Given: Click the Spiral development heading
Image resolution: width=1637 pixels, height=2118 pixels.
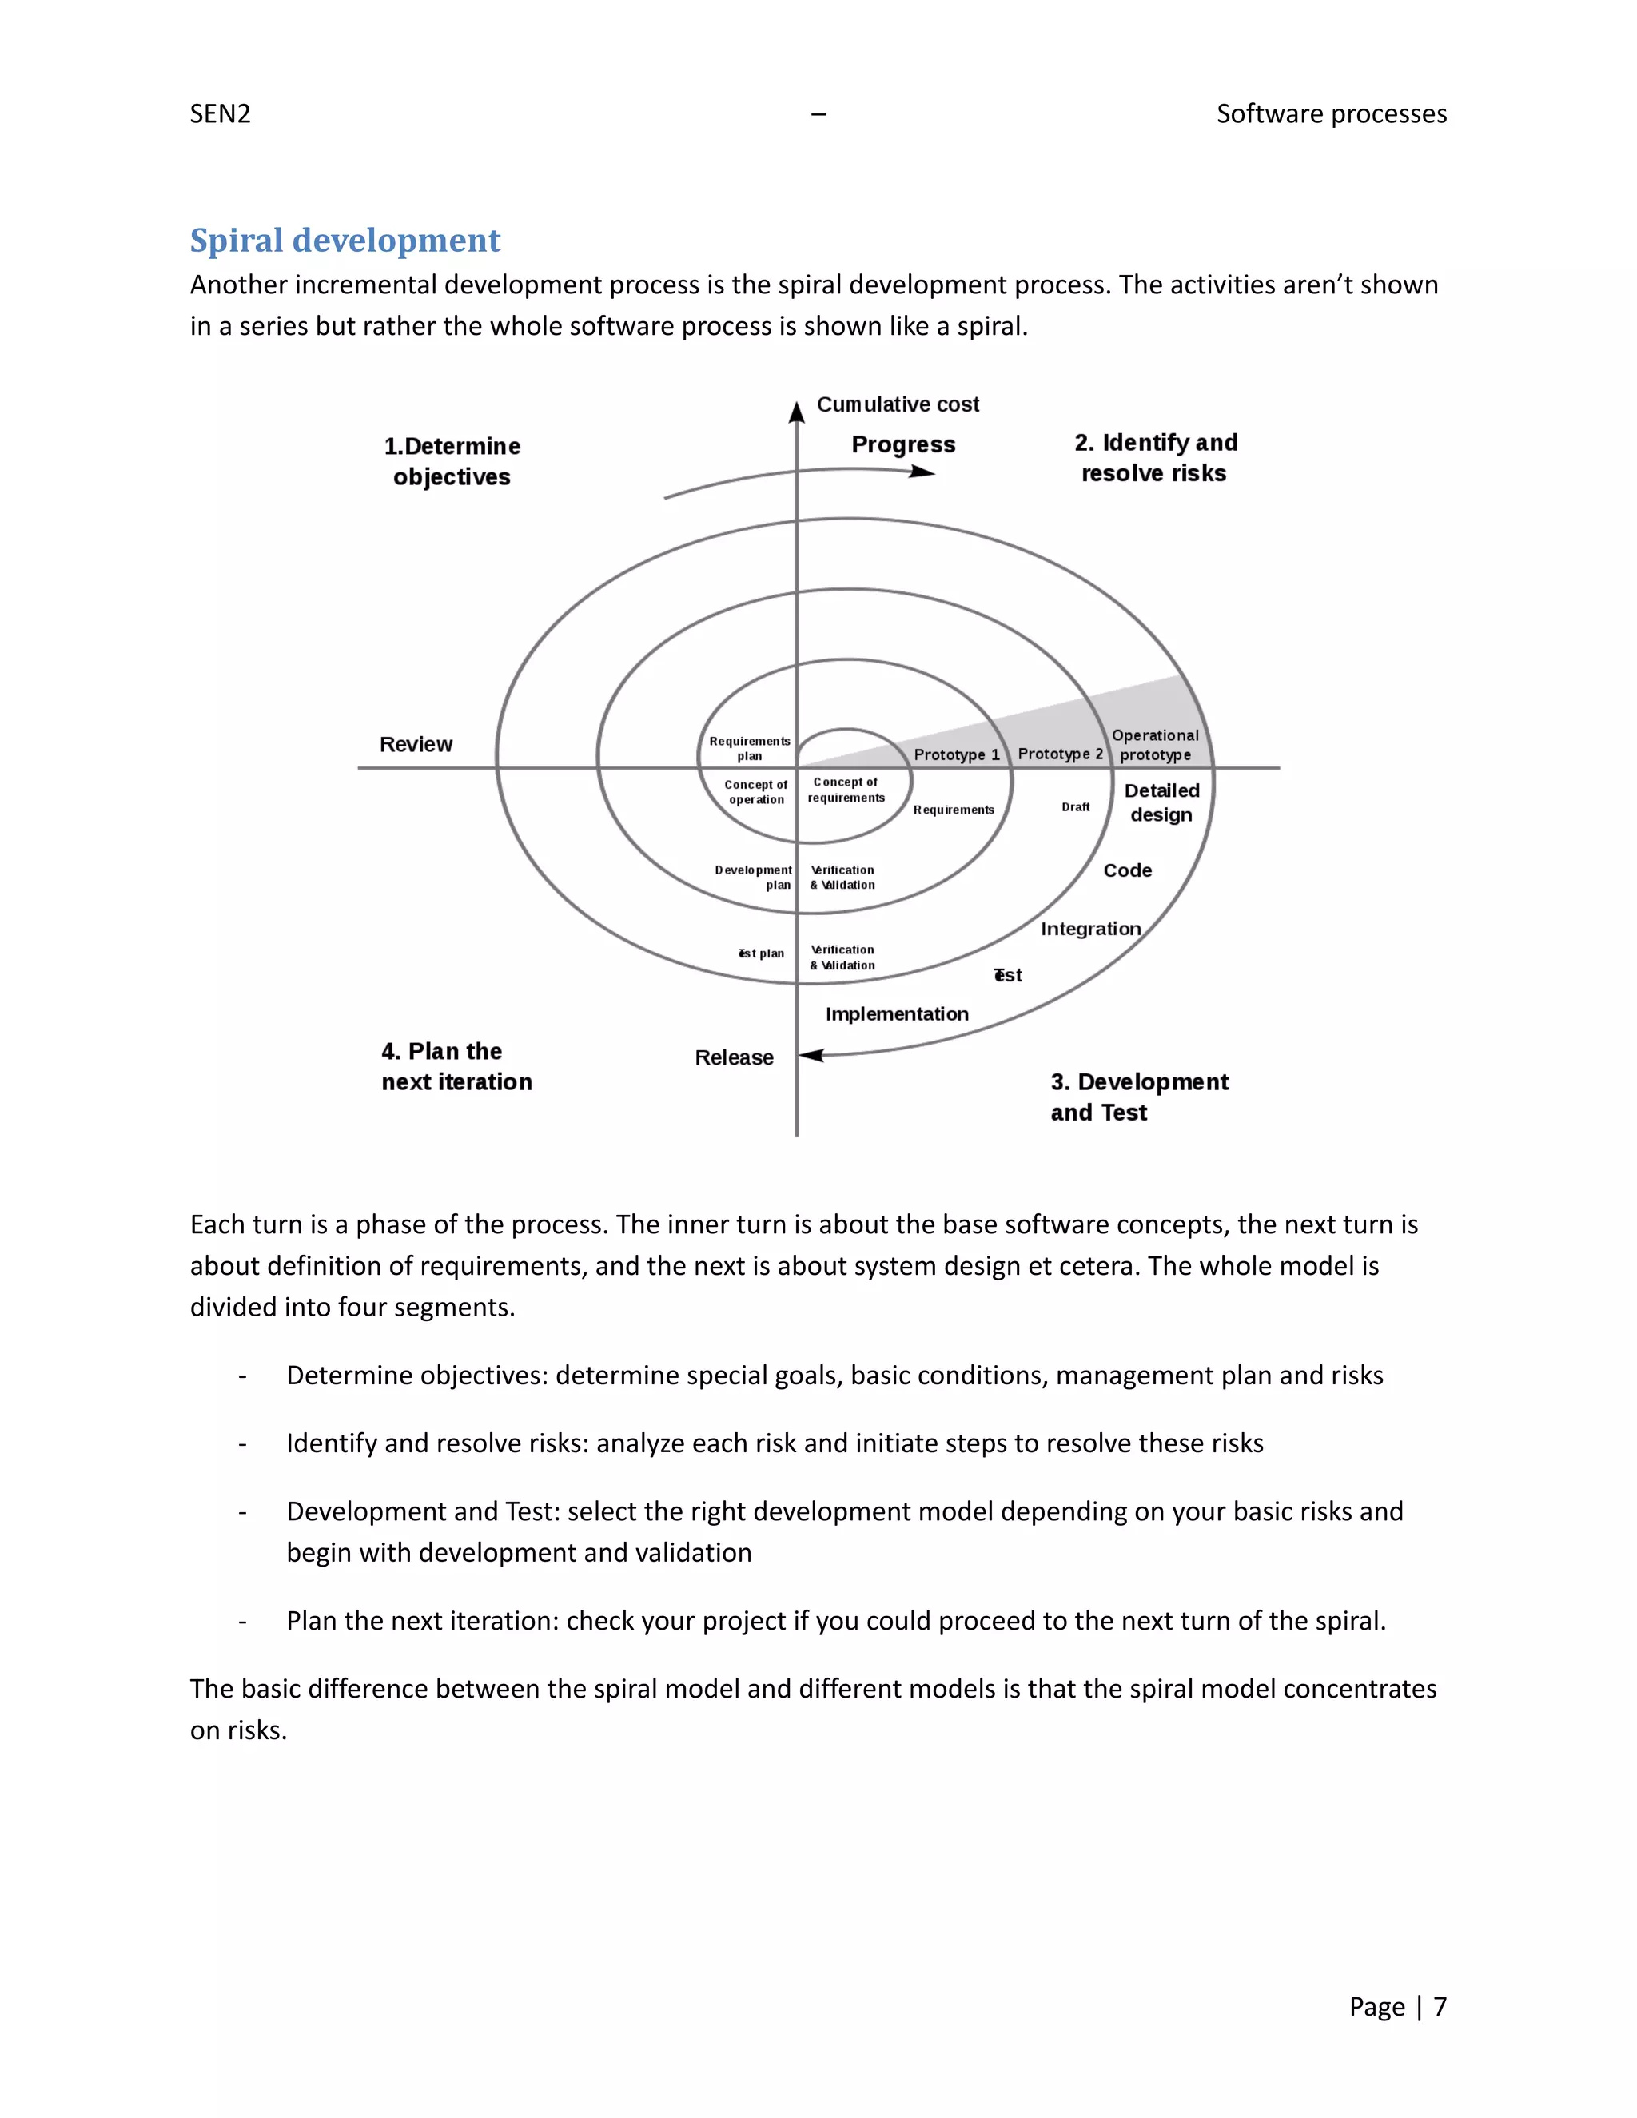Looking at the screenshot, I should coord(345,241).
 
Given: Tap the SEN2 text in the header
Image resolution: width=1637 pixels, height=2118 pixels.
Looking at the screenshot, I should coord(220,114).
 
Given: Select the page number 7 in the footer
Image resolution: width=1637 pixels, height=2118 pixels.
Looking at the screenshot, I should coord(1440,2006).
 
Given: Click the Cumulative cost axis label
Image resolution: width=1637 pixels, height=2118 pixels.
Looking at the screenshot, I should coord(897,404).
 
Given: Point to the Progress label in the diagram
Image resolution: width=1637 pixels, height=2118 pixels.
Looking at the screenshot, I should coord(903,444).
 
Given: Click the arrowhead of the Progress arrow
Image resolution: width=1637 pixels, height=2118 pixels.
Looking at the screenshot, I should coord(922,472).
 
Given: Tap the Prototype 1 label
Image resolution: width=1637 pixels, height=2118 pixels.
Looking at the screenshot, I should coord(956,754).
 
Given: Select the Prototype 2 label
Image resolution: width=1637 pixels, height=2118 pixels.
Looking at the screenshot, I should coord(1060,754).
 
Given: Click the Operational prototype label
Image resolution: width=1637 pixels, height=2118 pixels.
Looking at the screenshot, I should coord(1155,745).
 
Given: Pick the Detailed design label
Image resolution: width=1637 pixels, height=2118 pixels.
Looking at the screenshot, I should coord(1161,802).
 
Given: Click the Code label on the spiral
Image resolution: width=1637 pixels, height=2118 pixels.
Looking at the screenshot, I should coord(1127,870).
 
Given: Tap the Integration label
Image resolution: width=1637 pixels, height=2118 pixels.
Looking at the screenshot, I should coord(1090,928).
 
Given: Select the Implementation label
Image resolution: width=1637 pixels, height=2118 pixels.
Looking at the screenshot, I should coord(897,1013).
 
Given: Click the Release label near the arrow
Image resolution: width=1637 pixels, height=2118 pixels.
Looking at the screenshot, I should coord(734,1057).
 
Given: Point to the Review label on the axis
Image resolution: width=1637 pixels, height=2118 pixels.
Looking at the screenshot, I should coord(416,744).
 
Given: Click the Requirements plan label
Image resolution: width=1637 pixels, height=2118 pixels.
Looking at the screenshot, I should coord(750,748).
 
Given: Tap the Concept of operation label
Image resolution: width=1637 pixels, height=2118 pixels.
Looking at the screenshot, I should coord(755,791).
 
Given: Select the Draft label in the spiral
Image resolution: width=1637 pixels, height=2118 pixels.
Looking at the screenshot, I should coord(1076,807).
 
